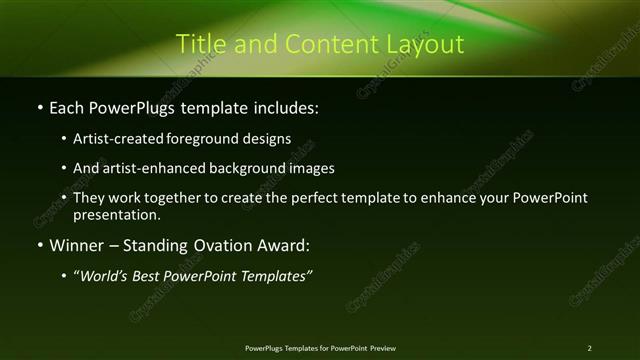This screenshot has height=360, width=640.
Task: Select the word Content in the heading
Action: [x=324, y=44]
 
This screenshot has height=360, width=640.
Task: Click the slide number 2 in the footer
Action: [x=589, y=347]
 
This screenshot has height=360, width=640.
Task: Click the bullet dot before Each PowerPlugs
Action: [x=39, y=106]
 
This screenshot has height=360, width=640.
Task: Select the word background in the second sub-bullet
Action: [x=251, y=168]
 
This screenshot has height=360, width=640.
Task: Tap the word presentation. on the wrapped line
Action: [x=117, y=214]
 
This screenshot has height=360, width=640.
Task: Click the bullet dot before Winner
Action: [x=39, y=245]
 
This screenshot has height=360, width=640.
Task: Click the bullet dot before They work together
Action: [x=64, y=198]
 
